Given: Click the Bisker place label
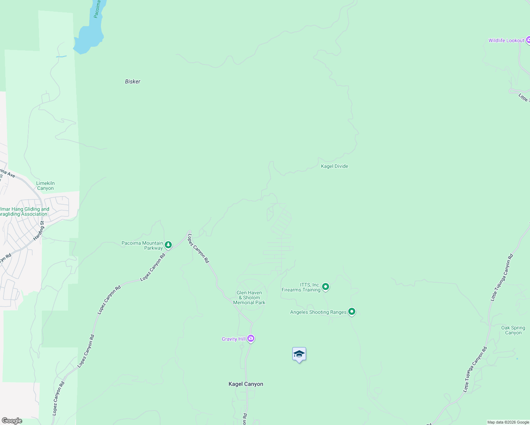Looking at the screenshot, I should coord(132,81).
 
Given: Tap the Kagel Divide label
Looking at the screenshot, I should coord(334,166).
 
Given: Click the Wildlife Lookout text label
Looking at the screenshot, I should coord(506,40).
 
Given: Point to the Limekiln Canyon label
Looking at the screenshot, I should coord(45,186).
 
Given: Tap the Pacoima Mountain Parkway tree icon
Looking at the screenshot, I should coord(168,245).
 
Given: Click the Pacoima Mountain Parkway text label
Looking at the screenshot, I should coord(142,245).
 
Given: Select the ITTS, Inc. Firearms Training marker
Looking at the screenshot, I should coord(326,287).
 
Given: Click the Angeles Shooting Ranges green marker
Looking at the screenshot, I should coord(352,312).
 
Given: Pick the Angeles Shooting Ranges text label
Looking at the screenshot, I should coord(318,312).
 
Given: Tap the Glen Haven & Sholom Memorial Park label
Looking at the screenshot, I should coord(249,297).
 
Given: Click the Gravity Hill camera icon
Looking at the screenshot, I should coord(251,339).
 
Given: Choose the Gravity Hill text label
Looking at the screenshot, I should coord(233,339).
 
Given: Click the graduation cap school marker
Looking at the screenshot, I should coord(299,354).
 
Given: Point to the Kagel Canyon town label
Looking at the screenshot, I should coord(246,384).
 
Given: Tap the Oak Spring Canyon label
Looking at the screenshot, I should coord(513,330).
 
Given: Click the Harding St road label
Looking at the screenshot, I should coord(39,231).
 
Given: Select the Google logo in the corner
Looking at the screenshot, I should coord(12,421).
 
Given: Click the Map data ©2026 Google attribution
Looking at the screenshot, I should coord(508,422).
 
